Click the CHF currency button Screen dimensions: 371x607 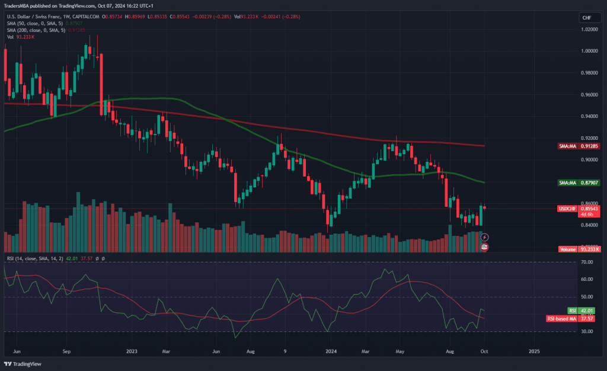click(586, 18)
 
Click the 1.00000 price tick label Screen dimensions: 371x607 click(590, 51)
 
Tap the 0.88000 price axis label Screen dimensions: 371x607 click(590, 181)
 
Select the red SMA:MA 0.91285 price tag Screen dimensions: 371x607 click(579, 146)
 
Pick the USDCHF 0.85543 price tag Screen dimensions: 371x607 click(579, 209)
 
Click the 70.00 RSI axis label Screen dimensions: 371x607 click(587, 262)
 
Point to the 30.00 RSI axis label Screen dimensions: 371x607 click(587, 331)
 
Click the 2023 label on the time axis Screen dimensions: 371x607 click(132, 350)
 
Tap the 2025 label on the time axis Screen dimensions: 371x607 click(534, 350)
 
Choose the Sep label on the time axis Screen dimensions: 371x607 click(67, 350)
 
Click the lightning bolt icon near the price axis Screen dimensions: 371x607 click(484, 237)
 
